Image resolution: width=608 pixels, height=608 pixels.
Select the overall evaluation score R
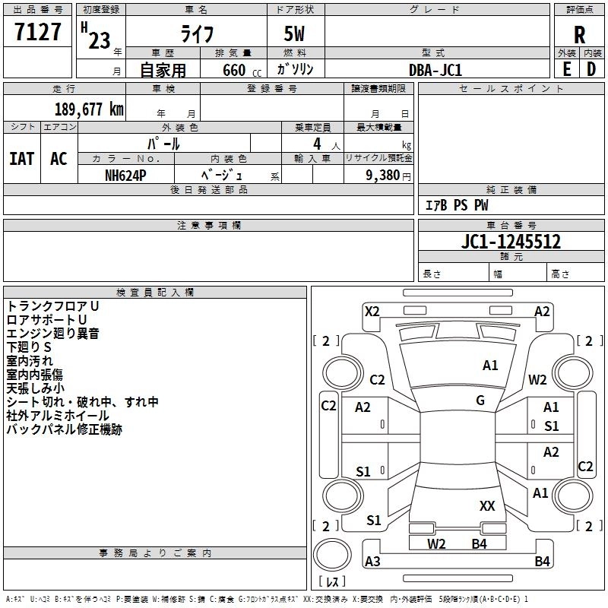[x=580, y=34]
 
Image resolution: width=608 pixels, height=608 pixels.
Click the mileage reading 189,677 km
[x=89, y=109]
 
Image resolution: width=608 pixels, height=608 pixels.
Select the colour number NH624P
[x=126, y=174]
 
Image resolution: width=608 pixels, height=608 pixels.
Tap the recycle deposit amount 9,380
[x=383, y=175]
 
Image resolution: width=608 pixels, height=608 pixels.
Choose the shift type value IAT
[x=21, y=159]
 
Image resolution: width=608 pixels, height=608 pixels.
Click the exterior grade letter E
[x=566, y=68]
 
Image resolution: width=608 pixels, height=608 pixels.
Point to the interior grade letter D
[x=591, y=68]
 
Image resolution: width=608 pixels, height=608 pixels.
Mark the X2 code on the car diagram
[x=372, y=311]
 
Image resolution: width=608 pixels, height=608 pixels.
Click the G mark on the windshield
[x=480, y=401]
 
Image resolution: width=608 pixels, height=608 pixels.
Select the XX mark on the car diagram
[x=487, y=505]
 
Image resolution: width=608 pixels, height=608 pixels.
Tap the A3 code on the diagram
[x=372, y=561]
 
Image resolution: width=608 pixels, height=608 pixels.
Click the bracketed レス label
[x=331, y=582]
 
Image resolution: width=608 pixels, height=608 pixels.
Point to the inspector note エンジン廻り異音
[x=52, y=333]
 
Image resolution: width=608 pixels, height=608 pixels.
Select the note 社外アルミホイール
[x=58, y=416]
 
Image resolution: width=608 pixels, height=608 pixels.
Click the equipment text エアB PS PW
[x=456, y=205]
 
